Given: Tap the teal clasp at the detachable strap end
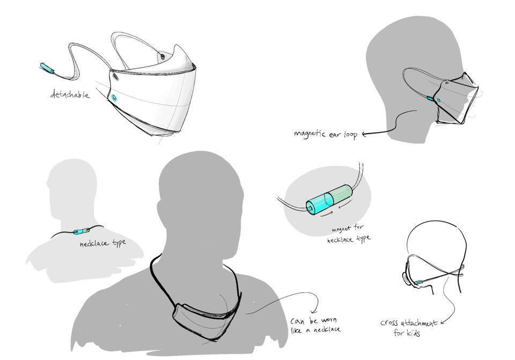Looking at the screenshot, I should click(47, 68).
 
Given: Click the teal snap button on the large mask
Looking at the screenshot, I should click(114, 97).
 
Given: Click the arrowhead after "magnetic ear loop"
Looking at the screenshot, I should click(366, 135).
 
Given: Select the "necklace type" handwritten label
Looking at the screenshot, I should click(102, 243).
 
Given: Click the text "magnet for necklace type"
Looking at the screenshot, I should click(349, 233).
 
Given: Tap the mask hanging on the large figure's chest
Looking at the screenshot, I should click(204, 311).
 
